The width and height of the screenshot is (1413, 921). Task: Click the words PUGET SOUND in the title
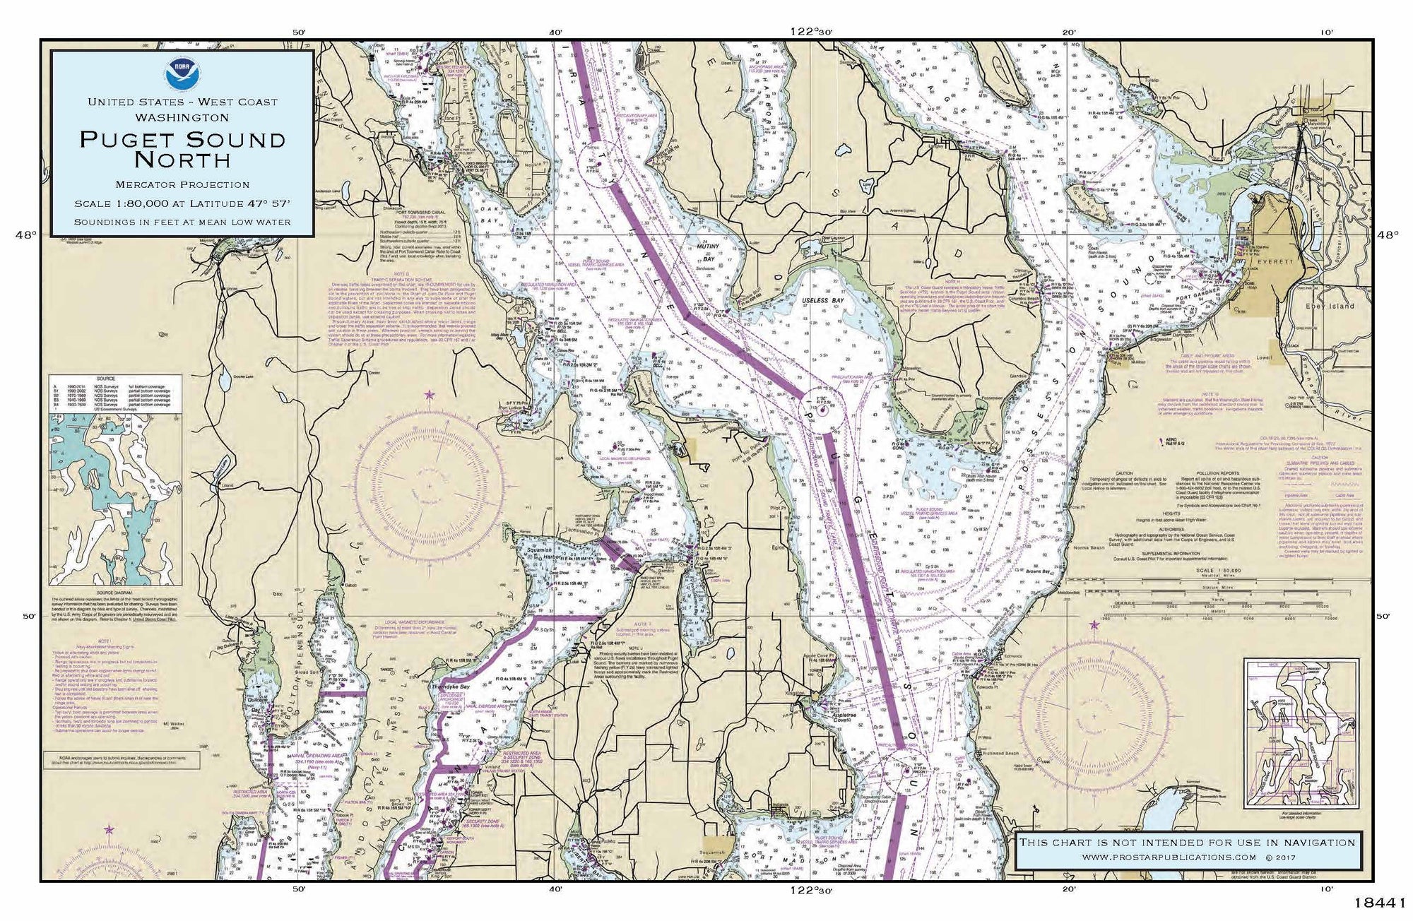click(x=182, y=139)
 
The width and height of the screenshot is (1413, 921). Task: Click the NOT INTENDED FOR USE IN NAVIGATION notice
click(x=1186, y=842)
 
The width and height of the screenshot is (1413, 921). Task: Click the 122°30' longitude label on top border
click(x=812, y=32)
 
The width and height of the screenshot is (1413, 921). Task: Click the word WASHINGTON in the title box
click(x=182, y=117)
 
